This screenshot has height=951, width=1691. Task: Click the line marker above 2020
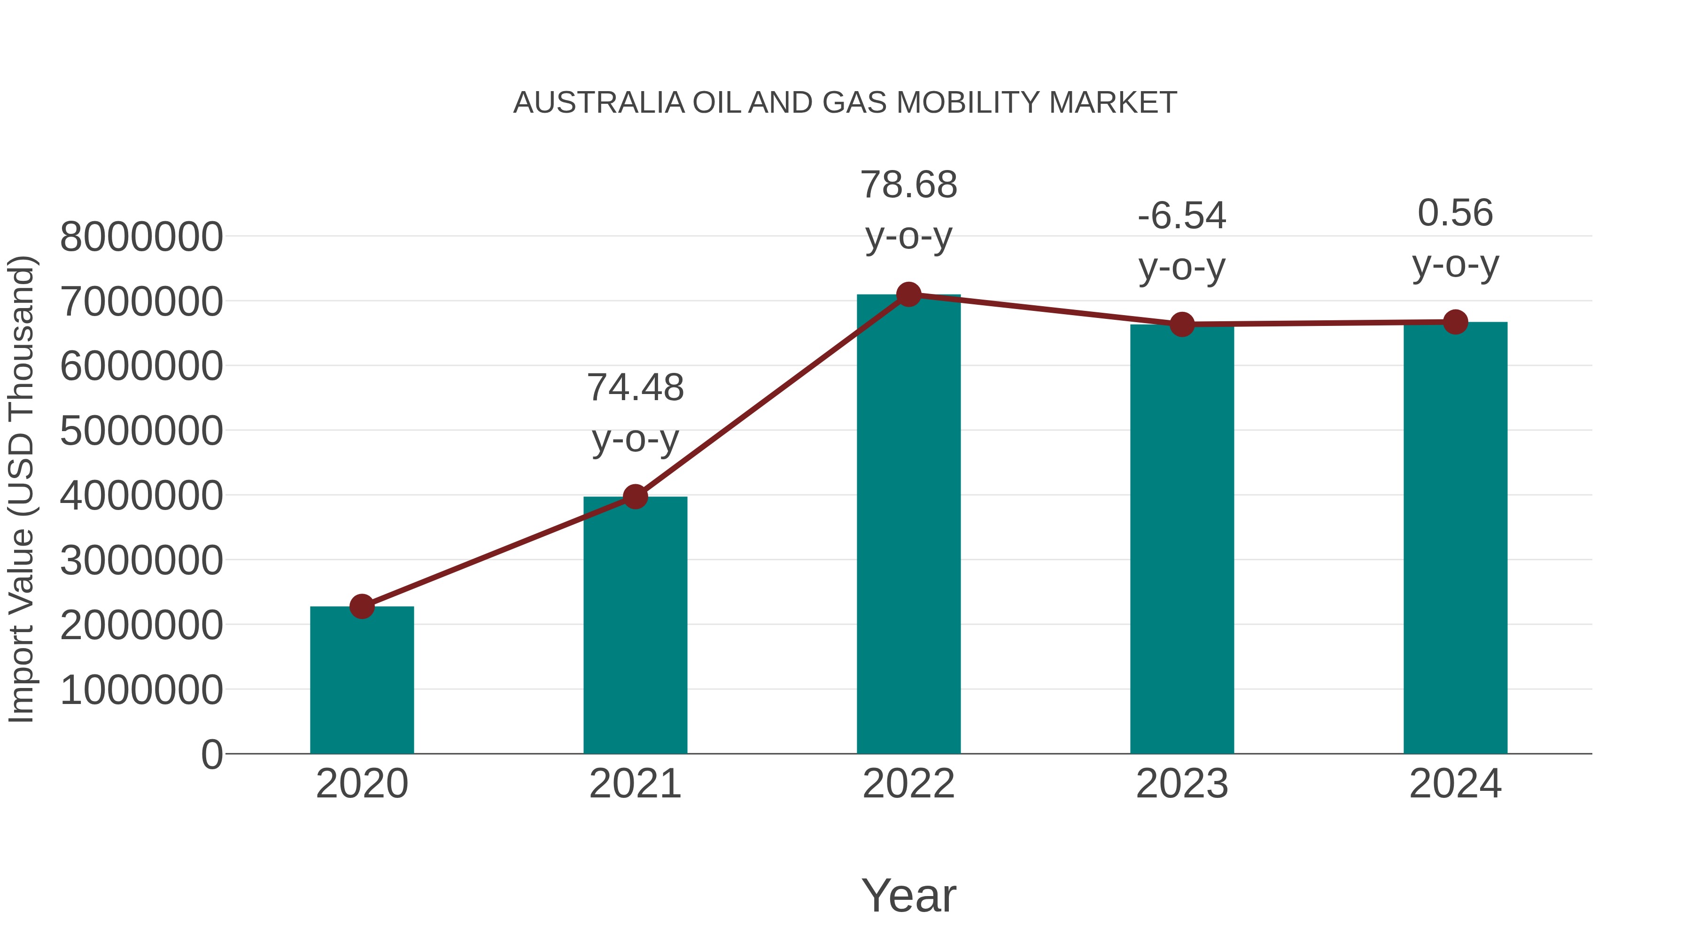(x=362, y=606)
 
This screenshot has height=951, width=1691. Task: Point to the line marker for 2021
(x=635, y=497)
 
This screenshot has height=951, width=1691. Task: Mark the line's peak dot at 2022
(x=908, y=294)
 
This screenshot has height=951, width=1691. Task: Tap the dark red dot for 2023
(x=1182, y=324)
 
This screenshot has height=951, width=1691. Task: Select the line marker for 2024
(x=1455, y=322)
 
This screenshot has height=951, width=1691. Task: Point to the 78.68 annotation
(x=908, y=185)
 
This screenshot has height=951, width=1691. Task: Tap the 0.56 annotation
(x=1455, y=213)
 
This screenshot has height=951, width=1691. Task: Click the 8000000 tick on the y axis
(x=141, y=237)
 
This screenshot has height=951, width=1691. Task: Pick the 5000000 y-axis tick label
(x=141, y=431)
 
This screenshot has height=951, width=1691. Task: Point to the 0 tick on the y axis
(x=211, y=754)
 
